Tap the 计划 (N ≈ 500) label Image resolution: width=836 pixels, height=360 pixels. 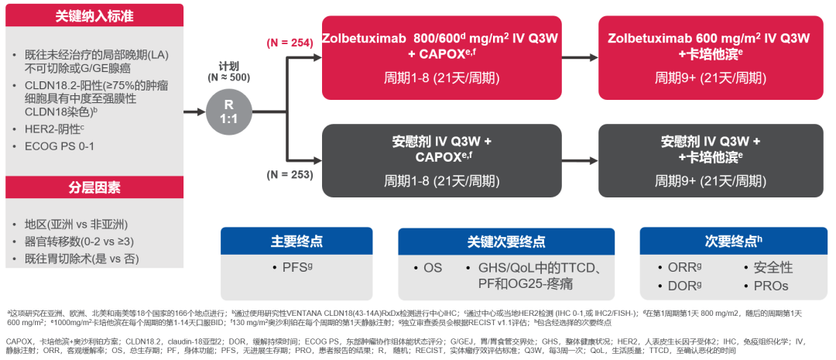[229, 72]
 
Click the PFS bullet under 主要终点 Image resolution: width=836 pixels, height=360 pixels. [296, 268]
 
